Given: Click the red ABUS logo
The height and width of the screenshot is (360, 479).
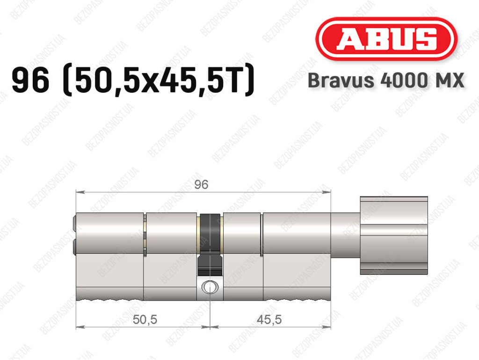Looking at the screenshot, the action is click(x=386, y=39).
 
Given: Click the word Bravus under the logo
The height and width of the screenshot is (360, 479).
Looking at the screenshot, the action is click(x=341, y=81).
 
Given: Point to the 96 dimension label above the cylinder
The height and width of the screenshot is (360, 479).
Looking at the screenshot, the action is click(x=201, y=184).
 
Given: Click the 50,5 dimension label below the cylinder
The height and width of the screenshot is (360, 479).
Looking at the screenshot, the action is click(x=145, y=320).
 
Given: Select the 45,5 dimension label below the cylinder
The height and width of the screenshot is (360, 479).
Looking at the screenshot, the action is click(x=269, y=320).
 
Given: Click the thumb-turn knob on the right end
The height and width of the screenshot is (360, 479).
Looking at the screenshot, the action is click(x=394, y=235).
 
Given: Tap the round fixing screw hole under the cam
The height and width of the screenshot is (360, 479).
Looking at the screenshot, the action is click(x=210, y=287).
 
